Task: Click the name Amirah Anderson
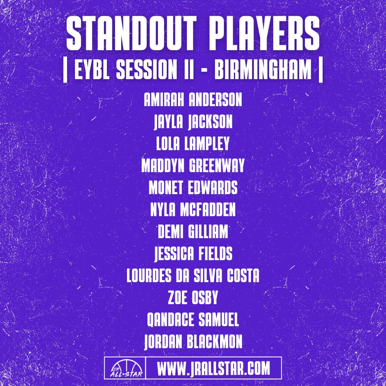coord(193,100)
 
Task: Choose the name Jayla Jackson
coord(193,122)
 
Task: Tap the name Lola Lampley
coord(193,144)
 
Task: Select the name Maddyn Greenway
coord(193,166)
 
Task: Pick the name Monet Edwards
coord(193,188)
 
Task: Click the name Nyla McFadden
coord(193,210)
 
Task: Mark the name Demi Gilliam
coord(193,232)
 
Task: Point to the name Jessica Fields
coord(193,254)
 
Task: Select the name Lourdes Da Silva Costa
coord(193,276)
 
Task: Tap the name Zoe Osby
coord(193,298)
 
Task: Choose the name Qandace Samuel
coord(193,320)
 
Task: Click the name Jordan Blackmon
coord(193,342)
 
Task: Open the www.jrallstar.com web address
coord(213,368)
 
